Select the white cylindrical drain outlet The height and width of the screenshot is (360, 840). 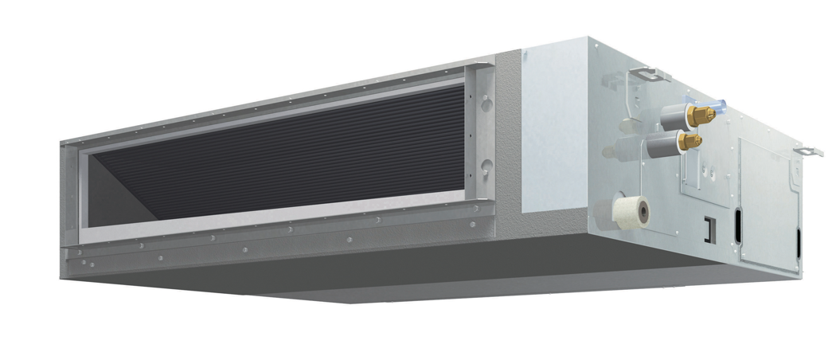click(x=632, y=211)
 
